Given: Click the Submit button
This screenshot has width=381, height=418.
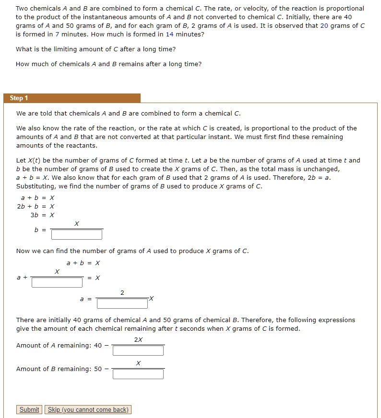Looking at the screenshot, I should (29, 409).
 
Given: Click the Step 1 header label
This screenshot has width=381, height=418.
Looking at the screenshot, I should (19, 98).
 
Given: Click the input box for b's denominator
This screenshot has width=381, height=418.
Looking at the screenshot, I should (77, 234).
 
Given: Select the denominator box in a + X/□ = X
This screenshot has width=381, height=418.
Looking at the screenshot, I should (57, 282).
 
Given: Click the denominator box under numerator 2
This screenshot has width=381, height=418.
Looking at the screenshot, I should (122, 303).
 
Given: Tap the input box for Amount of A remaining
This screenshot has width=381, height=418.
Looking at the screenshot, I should (138, 351).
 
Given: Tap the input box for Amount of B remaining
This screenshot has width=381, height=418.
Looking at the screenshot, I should (138, 374).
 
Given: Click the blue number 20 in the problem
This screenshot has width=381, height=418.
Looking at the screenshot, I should (324, 26).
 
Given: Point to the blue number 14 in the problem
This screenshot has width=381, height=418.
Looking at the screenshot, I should (169, 35).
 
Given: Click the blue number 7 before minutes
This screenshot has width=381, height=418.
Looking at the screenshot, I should (57, 35).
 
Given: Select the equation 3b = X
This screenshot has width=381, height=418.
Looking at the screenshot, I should (42, 215).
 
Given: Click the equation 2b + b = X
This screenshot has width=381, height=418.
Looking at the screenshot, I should (36, 206).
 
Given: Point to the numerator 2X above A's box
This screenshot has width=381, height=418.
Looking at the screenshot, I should (138, 340).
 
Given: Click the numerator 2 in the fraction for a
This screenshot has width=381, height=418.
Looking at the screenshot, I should (122, 292).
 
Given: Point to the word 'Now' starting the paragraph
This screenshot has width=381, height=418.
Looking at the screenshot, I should (23, 251).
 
